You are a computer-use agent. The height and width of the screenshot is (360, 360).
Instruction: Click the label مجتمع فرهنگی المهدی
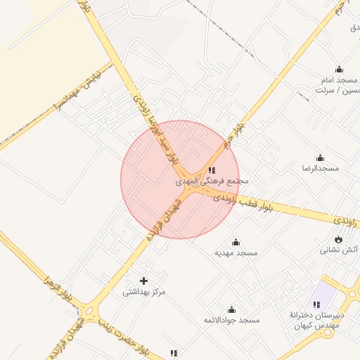point(212,181)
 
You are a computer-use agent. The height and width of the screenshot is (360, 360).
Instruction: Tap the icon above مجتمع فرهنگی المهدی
point(212,170)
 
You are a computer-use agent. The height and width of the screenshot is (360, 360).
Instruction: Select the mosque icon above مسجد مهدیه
point(236,243)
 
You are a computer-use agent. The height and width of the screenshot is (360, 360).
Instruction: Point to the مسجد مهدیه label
point(237,252)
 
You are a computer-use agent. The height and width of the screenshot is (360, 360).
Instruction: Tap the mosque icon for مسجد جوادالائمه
point(231,310)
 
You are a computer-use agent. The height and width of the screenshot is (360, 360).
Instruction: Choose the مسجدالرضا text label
point(321,169)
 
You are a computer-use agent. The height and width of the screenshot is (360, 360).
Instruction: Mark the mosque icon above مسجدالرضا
point(321,158)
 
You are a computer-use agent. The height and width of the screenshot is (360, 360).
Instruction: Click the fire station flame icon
point(339,239)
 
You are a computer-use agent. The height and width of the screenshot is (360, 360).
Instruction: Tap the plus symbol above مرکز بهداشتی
point(144,281)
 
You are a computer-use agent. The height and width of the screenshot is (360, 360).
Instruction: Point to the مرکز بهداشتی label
point(144,291)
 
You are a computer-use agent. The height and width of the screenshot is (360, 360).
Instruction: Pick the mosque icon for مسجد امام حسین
point(340,70)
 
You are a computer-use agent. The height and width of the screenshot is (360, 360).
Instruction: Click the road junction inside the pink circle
point(187,187)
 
